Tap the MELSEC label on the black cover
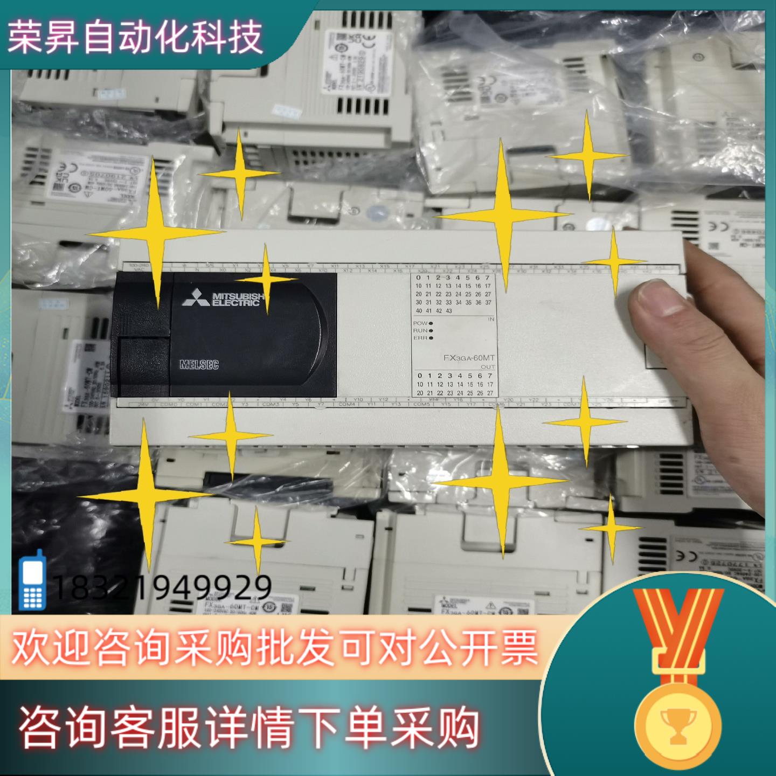click(x=199, y=365)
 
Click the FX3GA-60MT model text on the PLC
click(x=468, y=358)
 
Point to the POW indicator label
click(x=420, y=323)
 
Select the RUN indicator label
click(x=420, y=330)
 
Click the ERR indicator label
click(x=420, y=338)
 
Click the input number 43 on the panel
click(x=448, y=311)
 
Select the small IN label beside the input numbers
click(x=490, y=320)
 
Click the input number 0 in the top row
click(x=419, y=278)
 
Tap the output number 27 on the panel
click(x=490, y=393)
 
